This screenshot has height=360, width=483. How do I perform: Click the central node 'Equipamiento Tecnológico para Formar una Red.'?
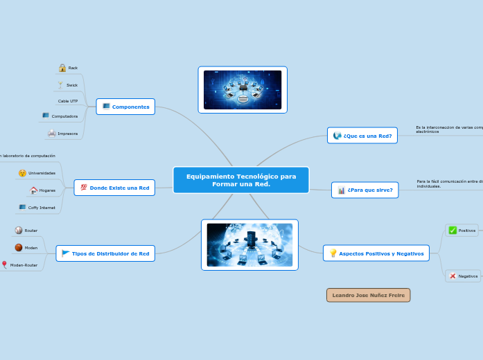(241, 180)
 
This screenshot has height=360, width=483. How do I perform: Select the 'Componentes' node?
(125, 107)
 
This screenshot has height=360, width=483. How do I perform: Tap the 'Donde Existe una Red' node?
(114, 188)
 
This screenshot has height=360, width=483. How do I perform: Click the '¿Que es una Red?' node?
(362, 136)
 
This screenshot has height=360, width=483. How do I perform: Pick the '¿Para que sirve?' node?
(365, 190)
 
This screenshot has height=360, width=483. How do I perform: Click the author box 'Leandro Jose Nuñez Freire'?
(368, 295)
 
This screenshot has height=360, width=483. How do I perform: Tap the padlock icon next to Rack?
(62, 68)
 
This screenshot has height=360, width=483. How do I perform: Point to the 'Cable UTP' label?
(68, 101)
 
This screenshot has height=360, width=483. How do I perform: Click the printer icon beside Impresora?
(51, 133)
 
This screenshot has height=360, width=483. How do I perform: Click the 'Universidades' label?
(42, 173)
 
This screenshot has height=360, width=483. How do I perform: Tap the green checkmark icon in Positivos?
(453, 231)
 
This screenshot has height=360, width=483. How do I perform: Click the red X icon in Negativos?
(453, 276)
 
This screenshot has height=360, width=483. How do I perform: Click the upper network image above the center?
(243, 90)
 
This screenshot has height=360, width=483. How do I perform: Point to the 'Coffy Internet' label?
(42, 207)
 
